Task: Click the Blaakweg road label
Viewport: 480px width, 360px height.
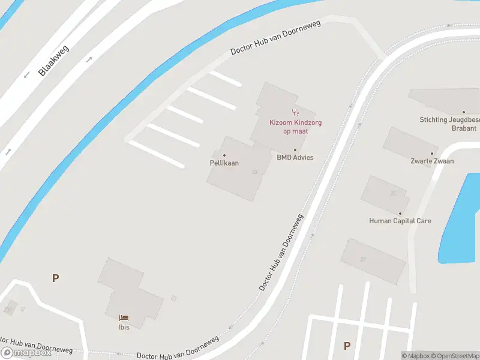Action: (x=53, y=61)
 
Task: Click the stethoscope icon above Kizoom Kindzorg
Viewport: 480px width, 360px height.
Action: (x=295, y=112)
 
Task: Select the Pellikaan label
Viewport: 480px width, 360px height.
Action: (x=224, y=163)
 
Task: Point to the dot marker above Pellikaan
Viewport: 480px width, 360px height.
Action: (x=224, y=155)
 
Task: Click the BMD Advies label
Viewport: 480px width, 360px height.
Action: (x=295, y=158)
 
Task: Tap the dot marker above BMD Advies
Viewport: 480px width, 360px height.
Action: (x=295, y=150)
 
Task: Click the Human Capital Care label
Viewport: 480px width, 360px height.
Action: (x=400, y=221)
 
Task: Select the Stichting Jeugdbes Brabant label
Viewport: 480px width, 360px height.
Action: (x=449, y=124)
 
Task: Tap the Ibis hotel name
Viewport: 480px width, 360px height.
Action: (x=124, y=327)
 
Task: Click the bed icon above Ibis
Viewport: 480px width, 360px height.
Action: (x=124, y=317)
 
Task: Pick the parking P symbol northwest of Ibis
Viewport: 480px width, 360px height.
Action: (x=55, y=278)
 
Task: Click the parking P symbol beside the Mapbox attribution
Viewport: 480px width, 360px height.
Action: (x=347, y=346)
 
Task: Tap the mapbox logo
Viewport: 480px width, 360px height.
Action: (x=26, y=353)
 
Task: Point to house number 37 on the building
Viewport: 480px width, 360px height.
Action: (x=363, y=259)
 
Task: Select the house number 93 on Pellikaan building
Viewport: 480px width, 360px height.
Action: (x=255, y=172)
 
